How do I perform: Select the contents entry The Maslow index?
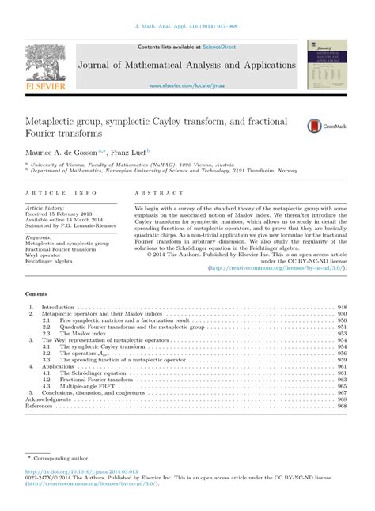tap(87, 334)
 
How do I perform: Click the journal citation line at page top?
tap(187, 27)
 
